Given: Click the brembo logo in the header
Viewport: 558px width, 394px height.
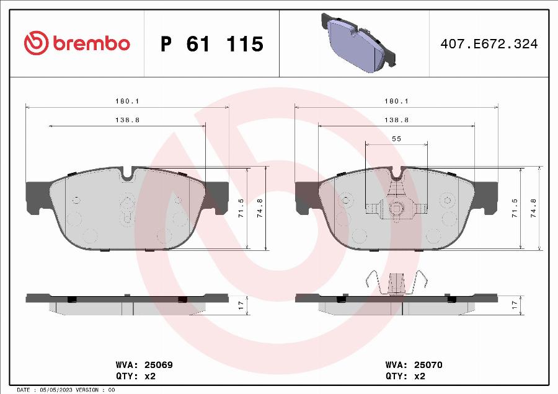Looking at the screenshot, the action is click(77, 43).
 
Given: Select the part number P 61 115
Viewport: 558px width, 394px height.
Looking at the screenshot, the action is click(212, 44).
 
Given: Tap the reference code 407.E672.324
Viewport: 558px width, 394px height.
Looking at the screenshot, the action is click(489, 44).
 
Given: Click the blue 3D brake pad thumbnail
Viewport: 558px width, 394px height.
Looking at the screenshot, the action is click(358, 43).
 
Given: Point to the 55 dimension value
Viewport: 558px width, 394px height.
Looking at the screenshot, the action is click(396, 139).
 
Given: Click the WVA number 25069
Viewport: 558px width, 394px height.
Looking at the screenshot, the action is click(158, 365).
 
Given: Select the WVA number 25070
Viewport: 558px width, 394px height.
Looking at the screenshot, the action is click(428, 365).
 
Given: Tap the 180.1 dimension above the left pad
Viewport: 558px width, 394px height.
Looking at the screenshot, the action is click(127, 101).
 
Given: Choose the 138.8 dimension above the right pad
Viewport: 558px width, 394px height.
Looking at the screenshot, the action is click(396, 120).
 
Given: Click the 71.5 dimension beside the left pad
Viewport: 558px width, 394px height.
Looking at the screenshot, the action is click(241, 208).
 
